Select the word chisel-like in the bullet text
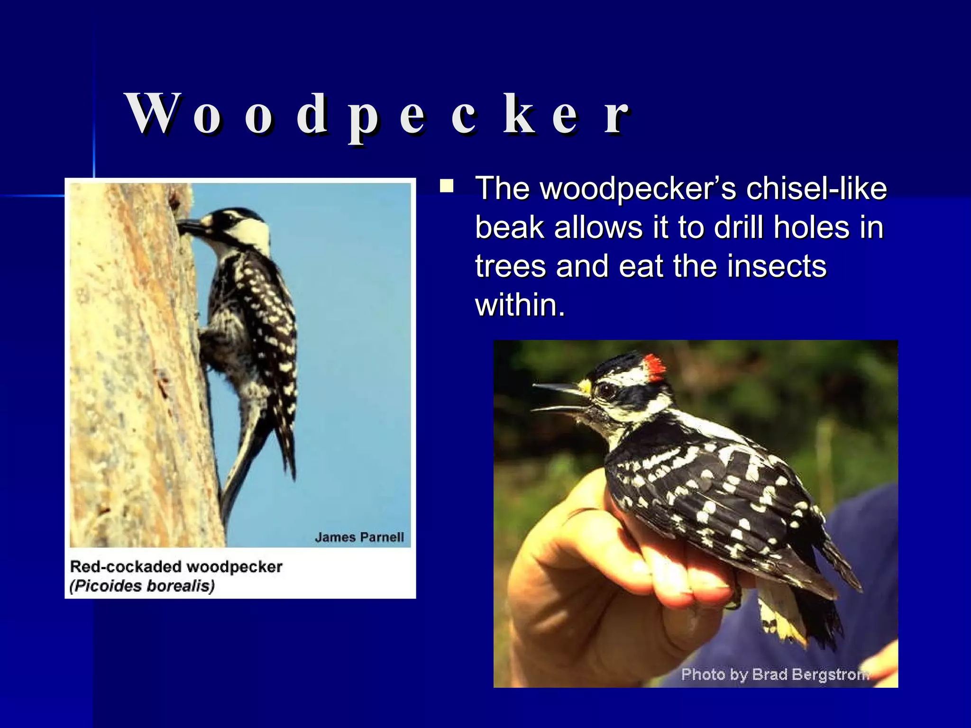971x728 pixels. pos(816,189)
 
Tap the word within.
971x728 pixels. pos(520,305)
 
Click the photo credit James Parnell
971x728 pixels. pos(359,537)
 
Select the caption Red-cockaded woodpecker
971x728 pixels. pos(176,567)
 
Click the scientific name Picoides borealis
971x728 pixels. pos(142,586)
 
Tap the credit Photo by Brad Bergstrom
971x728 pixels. pos(775,674)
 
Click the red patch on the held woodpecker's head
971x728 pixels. pos(654,367)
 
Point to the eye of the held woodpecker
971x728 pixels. pos(607,391)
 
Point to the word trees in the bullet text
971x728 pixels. pos(511,266)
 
